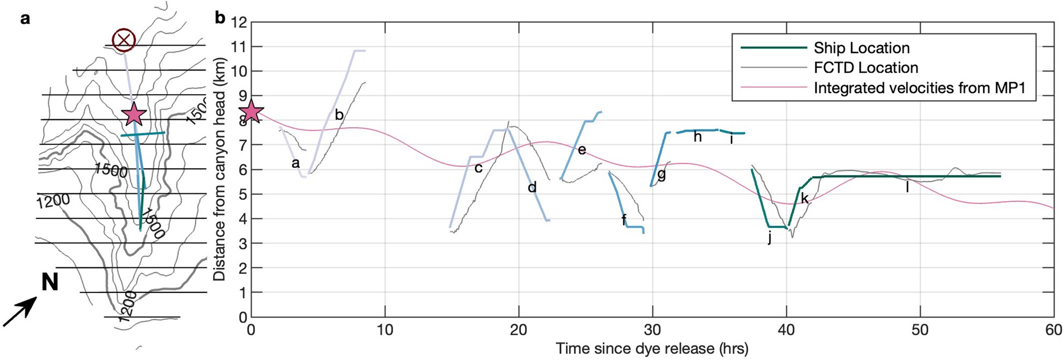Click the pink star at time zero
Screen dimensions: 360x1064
tap(251, 112)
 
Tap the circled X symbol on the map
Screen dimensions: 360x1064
tap(124, 40)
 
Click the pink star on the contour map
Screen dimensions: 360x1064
tap(134, 115)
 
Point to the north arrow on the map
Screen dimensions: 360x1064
tap(20, 311)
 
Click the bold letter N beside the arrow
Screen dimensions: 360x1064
tap(50, 282)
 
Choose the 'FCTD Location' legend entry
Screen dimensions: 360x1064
tap(866, 68)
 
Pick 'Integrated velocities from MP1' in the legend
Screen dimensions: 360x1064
tap(919, 88)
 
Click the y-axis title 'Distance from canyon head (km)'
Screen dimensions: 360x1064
tap(219, 169)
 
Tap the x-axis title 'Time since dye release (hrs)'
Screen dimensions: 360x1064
tap(652, 348)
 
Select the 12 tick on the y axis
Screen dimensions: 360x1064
tap(240, 23)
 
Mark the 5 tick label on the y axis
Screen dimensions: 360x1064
tap(243, 194)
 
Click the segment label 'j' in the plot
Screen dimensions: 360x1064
tap(770, 238)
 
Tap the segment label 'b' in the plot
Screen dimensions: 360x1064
tap(339, 115)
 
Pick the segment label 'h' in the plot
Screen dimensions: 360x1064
tap(697, 136)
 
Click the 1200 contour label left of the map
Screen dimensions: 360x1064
tap(53, 202)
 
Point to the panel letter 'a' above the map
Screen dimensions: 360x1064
tap(25, 19)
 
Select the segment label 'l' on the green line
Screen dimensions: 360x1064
tap(907, 187)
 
